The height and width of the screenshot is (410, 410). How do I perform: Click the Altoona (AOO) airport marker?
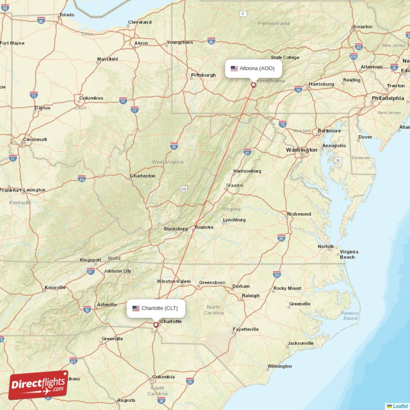253,85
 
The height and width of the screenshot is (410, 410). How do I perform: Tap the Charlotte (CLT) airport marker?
156,324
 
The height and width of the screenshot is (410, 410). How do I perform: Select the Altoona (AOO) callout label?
254,68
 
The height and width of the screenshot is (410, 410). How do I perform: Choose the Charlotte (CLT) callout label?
156,308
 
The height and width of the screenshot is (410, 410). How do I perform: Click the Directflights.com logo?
38,385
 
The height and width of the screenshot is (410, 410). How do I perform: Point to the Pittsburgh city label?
203,75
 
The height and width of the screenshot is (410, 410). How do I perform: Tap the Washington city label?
301,150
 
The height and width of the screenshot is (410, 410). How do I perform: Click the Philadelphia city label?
387,98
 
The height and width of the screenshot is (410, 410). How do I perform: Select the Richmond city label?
299,214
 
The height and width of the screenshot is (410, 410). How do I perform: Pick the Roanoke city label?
204,227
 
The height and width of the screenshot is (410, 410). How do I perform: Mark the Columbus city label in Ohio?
91,98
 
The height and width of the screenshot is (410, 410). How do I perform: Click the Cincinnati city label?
35,139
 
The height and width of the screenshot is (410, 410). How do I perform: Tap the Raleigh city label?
251,296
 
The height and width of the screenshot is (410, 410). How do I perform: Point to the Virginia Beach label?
348,254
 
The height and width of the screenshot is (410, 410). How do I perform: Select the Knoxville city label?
55,288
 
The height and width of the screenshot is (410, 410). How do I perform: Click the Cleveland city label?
140,23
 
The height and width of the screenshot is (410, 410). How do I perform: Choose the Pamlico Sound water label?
350,315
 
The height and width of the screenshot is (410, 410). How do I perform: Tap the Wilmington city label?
279,366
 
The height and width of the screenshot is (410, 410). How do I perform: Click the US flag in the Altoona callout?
234,68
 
